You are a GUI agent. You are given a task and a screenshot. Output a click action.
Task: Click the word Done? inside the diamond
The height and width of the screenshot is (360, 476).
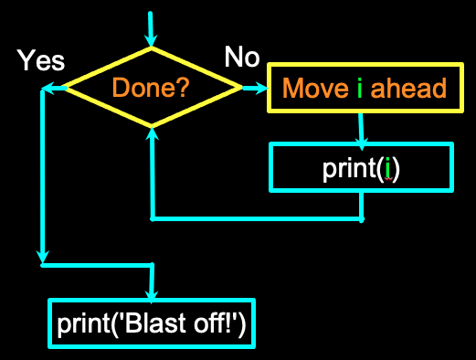151,89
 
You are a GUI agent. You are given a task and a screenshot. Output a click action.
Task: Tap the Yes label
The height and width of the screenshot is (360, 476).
41,60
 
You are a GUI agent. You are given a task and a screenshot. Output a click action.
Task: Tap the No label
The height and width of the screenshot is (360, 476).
241,58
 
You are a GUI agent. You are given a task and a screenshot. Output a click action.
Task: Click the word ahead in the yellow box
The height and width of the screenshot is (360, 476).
407,89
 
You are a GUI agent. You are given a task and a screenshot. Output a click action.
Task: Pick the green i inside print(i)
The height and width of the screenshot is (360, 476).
387,171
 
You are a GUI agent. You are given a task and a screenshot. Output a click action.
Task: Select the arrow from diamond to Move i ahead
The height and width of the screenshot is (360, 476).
255,88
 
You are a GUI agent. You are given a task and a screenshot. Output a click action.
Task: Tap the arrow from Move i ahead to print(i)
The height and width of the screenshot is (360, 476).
362,128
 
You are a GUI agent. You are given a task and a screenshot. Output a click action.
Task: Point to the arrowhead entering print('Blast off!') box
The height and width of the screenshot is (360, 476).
151,291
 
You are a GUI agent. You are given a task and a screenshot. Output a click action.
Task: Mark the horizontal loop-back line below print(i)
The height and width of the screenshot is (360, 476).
256,219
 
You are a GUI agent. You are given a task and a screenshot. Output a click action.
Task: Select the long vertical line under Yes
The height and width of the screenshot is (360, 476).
42,174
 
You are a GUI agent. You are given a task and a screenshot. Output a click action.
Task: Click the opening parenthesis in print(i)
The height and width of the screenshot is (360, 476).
378,171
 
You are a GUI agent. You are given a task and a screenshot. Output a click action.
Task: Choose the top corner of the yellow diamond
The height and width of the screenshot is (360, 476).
151,49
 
